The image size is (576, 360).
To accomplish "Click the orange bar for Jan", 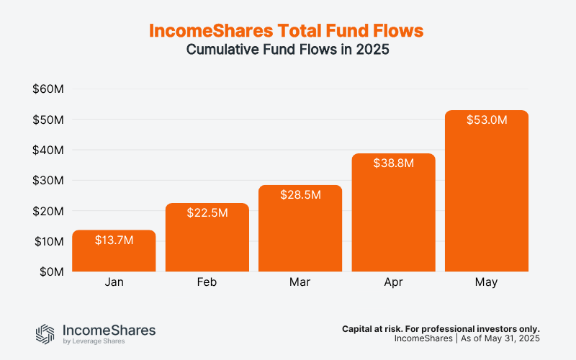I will (114, 252).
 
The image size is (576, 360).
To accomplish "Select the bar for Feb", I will (207, 238).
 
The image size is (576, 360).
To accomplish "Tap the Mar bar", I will (300, 230).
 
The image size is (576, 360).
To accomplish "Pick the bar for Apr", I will (394, 216).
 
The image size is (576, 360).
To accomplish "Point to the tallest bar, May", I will (487, 194).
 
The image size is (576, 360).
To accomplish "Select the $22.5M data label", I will (207, 213).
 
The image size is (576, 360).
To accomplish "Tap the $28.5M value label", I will (300, 195).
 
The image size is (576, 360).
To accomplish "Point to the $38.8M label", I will (394, 163).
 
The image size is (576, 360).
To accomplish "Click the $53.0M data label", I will (487, 120).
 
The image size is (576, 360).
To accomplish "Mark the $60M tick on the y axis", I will (48, 89).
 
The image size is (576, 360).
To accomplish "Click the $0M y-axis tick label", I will (51, 272).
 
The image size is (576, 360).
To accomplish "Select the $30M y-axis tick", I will (48, 181).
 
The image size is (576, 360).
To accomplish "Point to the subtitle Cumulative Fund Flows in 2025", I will (287, 50).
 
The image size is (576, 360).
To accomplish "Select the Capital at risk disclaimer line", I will (441, 328).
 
